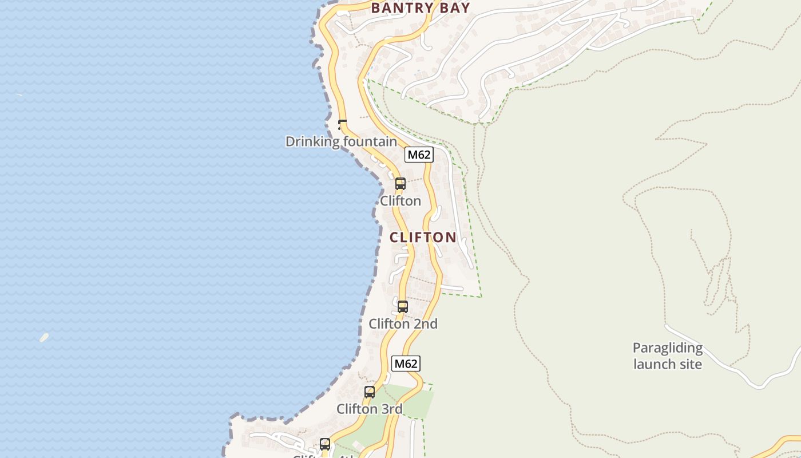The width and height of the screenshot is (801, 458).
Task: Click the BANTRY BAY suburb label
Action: coord(420,8)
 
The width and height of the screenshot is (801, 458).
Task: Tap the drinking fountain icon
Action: coord(343,124)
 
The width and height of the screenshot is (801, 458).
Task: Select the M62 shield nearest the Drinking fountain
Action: coord(419,155)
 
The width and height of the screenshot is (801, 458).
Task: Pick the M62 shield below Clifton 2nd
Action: coord(406,364)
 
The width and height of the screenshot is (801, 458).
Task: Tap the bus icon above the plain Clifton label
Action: coord(400,184)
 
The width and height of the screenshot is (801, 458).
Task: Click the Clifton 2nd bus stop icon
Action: coord(403,306)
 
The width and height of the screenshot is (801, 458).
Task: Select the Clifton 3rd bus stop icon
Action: coord(370,392)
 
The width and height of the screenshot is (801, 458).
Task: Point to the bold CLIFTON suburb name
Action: coord(423,238)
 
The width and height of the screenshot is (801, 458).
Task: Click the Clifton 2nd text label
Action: coord(403,324)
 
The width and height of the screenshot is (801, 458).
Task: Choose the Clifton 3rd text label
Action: coord(370,409)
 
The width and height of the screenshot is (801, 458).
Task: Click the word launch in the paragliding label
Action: coord(652,364)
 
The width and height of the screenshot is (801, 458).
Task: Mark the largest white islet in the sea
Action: coord(44,337)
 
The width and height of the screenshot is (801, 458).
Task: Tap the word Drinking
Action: coord(310,141)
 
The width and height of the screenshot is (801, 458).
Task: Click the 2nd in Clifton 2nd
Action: coord(426,324)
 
